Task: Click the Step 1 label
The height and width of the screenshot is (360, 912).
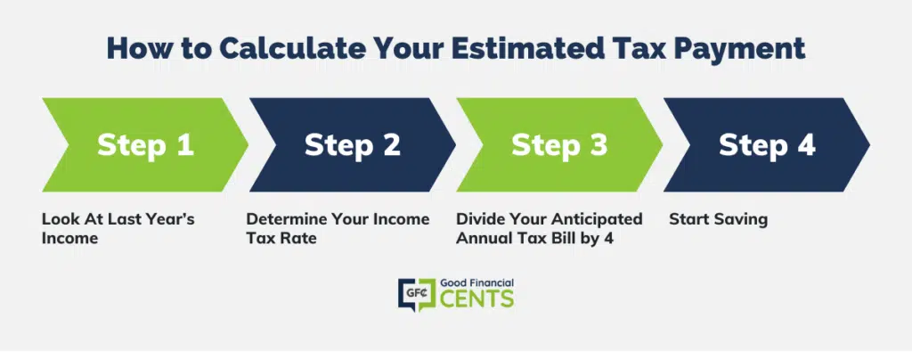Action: click(x=145, y=145)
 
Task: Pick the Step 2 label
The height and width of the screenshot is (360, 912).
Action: click(x=353, y=145)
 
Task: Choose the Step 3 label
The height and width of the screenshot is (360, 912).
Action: click(x=559, y=145)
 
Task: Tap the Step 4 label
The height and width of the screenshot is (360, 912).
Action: click(x=767, y=145)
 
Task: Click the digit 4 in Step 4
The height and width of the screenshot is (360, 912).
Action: click(x=805, y=144)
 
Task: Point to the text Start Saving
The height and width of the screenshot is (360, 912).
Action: click(x=719, y=220)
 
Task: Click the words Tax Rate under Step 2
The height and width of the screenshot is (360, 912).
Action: click(x=281, y=239)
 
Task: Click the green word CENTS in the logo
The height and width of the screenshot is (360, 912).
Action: click(x=476, y=299)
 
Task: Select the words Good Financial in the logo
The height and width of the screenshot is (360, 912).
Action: click(x=476, y=282)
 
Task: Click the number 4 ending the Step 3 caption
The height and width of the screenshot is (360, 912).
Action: click(x=608, y=239)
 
